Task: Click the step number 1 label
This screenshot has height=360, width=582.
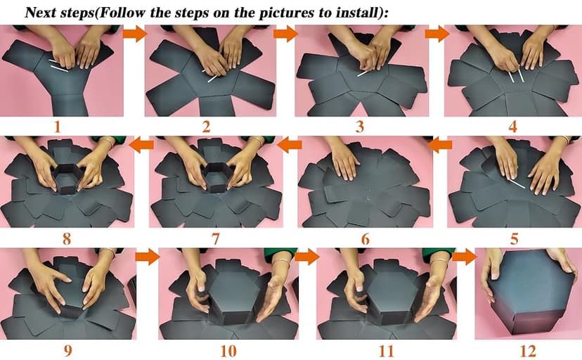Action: coord(57,127)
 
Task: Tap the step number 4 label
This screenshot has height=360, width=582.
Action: coord(512,127)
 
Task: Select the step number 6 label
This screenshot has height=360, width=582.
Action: coord(366,239)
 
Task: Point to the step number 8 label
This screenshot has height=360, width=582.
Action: coord(67,238)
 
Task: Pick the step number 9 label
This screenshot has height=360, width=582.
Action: coord(67,351)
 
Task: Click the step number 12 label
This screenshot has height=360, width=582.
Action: coord(528,351)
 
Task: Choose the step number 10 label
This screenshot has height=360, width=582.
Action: coord(228,351)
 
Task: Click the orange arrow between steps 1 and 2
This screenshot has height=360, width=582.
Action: coord(135,34)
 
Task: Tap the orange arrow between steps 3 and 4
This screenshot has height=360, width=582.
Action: coord(437,34)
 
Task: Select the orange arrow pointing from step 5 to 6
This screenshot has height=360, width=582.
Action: coord(440,145)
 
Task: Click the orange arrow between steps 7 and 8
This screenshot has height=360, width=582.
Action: coord(141,145)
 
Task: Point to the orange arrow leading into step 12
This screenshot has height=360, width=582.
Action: coord(465,257)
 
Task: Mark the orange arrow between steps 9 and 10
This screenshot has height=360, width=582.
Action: coord(147,257)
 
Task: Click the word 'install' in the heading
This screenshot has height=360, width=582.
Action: coord(358,13)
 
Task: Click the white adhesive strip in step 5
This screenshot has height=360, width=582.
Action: coord(517,184)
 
